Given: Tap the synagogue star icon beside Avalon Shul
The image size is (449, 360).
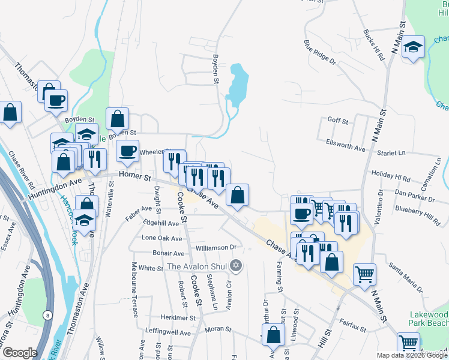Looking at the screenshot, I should tap(236, 266).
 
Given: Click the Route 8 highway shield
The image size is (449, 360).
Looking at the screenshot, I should tap(47, 314).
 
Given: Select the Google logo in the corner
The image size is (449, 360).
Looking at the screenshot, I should tap(19, 353).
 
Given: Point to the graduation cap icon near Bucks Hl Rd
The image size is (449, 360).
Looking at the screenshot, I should tap(413, 47).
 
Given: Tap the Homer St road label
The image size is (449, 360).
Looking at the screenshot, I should tap(133, 175).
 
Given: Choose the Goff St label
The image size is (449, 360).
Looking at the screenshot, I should tap(337, 121).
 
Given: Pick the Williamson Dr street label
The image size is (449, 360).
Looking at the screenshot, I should tap(216, 247).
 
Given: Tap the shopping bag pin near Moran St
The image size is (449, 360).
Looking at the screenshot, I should tap(273, 336).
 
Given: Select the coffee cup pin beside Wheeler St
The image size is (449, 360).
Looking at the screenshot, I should tap(127, 151).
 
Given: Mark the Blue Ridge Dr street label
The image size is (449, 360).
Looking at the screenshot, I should tap(319, 52).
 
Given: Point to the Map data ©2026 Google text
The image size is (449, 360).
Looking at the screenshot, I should tap(411, 355).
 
